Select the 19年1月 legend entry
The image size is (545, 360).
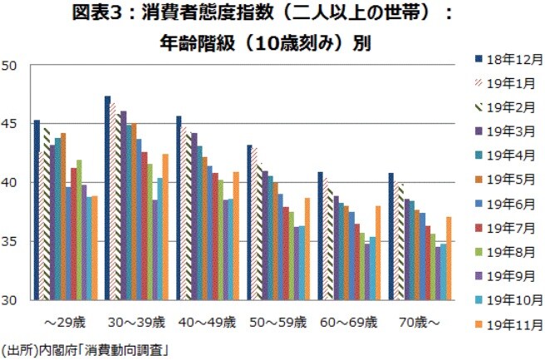(x=504, y=83)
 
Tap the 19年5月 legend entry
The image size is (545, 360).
(x=504, y=178)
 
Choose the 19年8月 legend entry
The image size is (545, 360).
(x=504, y=249)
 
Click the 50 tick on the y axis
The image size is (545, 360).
(x=11, y=65)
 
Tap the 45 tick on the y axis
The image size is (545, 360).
(x=11, y=123)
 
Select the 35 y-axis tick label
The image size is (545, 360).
(x=11, y=241)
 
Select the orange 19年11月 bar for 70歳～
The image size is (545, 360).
(x=449, y=258)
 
